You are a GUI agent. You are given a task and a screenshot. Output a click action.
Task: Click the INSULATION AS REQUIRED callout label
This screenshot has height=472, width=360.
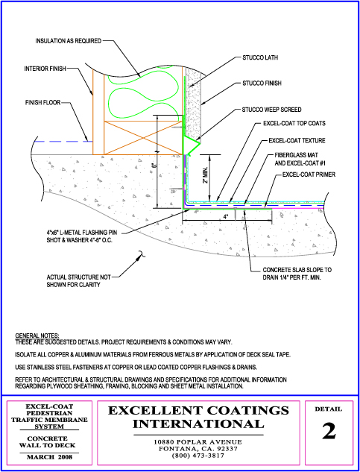[69, 41]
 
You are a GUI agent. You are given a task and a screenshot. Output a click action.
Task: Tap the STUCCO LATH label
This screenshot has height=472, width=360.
[260, 58]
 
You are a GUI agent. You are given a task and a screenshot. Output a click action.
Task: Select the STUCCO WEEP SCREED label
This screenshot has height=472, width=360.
[271, 110]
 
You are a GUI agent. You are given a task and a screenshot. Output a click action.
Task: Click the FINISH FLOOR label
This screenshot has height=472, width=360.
[42, 103]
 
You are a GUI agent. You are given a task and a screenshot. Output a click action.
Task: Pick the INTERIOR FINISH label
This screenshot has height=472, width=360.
[45, 69]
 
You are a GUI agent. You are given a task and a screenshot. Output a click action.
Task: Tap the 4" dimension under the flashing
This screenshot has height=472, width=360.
[226, 216]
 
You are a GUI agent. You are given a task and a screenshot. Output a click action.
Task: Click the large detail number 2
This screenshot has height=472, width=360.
[329, 431]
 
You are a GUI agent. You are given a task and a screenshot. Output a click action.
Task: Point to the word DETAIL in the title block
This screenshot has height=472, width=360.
[329, 409]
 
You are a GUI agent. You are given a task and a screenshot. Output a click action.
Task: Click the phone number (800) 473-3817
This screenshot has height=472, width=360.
[198, 456]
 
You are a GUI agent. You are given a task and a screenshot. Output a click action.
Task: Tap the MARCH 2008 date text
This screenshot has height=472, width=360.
[49, 457]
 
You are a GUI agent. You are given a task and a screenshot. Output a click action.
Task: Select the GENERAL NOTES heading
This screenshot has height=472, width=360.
[37, 336]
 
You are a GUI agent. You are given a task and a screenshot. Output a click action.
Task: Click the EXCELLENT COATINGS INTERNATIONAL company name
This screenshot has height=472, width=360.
[198, 418]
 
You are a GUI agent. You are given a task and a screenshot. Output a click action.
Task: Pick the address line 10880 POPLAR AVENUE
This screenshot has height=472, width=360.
[198, 442]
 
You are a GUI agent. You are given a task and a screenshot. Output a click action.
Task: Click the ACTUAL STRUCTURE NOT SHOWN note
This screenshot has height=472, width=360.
[78, 280]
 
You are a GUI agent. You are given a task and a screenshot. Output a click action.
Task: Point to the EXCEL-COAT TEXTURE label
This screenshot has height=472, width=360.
[297, 140]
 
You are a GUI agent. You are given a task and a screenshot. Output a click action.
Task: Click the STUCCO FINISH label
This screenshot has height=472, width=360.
[262, 83]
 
